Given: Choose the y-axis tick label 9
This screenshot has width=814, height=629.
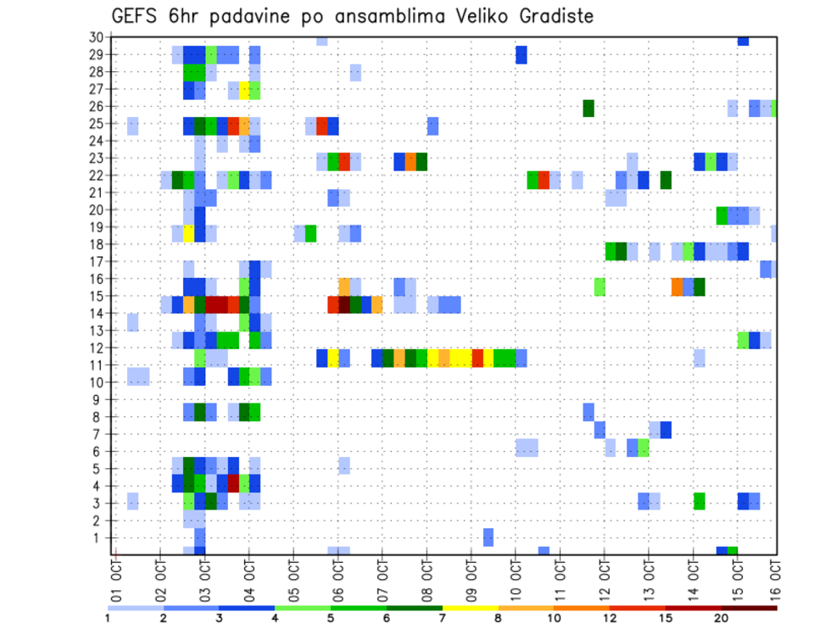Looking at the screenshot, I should coord(98,399).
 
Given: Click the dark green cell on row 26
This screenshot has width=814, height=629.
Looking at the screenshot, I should coord(588,108).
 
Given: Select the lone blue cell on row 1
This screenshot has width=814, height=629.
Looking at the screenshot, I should coord(488,537).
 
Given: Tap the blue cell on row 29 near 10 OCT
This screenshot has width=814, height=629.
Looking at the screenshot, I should coord(521,55).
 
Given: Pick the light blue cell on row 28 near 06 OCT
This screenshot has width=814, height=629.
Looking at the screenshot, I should coord(355,72).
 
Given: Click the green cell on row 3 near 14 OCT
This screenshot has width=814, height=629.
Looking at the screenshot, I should coord(700,501).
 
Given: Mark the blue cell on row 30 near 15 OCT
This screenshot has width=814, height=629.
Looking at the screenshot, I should coord(743,40).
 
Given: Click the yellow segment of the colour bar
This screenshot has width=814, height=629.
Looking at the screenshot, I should coord(470,608).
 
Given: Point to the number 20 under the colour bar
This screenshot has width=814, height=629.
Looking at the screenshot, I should coord(722,620).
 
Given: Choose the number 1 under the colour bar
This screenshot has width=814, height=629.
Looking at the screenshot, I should coord(108,620).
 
